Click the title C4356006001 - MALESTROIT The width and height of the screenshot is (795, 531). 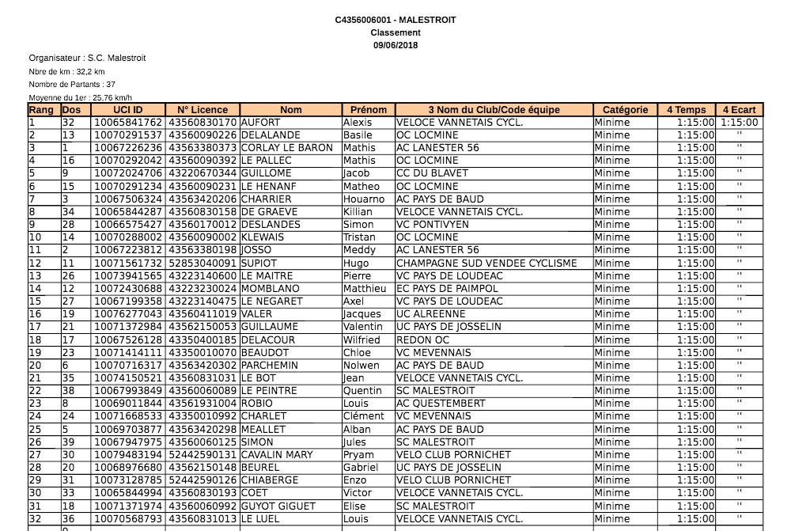click(x=396, y=20)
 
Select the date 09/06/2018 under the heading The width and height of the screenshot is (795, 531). click(x=396, y=45)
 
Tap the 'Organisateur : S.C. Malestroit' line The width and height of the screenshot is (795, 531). click(x=87, y=58)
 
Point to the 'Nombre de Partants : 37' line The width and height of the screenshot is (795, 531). click(x=72, y=84)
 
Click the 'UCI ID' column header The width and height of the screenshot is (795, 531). click(x=127, y=110)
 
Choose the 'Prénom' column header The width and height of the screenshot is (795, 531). click(x=368, y=110)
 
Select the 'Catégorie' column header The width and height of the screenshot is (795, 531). click(x=625, y=110)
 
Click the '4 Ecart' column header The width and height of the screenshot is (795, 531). click(x=739, y=110)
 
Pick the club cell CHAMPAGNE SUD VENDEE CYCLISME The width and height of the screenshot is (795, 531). click(x=486, y=263)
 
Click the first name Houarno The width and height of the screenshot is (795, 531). click(x=364, y=199)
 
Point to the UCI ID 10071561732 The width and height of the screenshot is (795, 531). click(x=128, y=263)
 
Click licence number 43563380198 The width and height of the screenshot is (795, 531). click(x=203, y=250)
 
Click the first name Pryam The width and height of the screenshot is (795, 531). click(x=359, y=455)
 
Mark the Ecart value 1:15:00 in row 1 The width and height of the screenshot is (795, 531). click(x=740, y=123)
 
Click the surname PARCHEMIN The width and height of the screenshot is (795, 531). click(x=271, y=365)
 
